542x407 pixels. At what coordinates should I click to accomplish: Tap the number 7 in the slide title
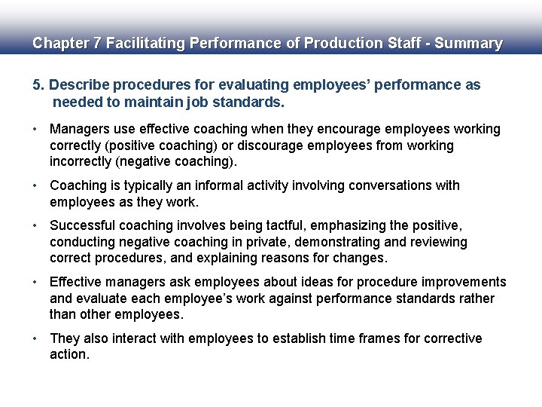[96, 44]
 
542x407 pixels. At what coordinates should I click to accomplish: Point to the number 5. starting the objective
[38, 85]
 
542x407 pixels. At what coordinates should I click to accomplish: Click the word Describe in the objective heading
[78, 85]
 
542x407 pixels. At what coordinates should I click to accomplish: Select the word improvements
[464, 282]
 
